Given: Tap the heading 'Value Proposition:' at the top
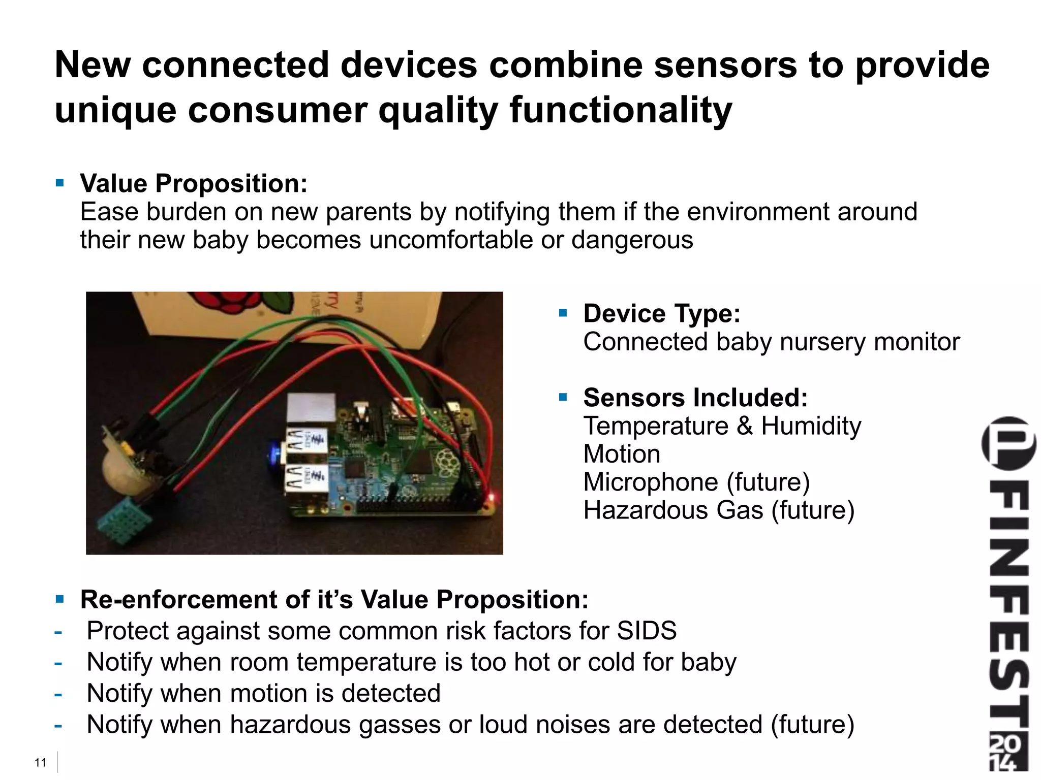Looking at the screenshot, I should click(194, 183).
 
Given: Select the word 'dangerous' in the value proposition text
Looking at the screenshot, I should click(632, 240).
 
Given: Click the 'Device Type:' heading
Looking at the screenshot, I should click(661, 313).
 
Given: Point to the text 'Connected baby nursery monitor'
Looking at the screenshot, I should click(771, 342).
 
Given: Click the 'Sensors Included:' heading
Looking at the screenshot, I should click(695, 398).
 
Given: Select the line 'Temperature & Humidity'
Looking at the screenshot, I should click(722, 426).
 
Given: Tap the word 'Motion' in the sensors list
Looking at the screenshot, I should click(622, 454).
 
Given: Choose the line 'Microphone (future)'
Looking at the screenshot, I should click(696, 482).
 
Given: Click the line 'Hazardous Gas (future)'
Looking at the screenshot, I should click(718, 510).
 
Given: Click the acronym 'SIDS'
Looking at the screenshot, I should click(647, 631).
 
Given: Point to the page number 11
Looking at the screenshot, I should click(40, 763).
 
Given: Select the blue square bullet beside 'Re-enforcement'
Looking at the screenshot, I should click(60, 599).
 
